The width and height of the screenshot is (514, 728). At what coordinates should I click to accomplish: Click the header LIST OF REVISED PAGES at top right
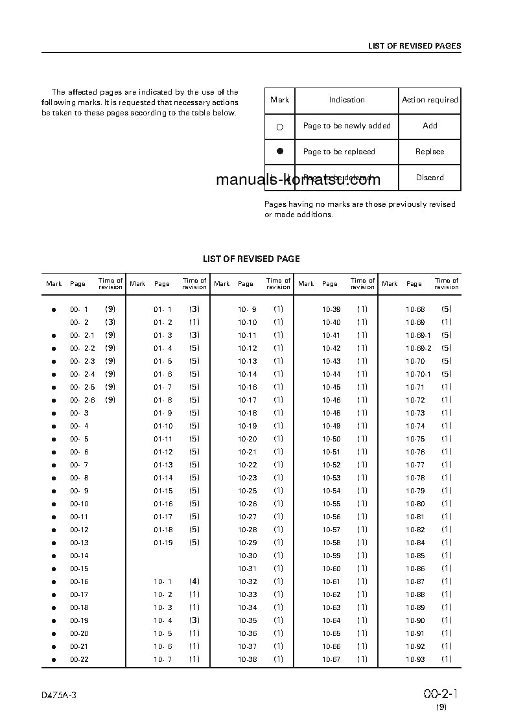click(x=414, y=46)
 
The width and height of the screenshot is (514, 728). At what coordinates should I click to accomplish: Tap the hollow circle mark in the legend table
click(x=280, y=127)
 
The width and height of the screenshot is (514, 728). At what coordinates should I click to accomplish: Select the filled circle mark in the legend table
click(x=280, y=151)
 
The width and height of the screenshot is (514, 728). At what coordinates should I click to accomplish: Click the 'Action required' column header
click(x=430, y=100)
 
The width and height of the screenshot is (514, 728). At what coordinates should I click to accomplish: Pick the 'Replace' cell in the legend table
click(x=430, y=152)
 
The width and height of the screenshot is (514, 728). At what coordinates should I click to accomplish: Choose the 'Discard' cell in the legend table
click(x=430, y=178)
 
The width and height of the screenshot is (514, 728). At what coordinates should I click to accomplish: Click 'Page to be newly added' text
click(x=347, y=126)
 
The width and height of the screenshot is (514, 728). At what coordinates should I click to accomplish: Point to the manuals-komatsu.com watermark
click(x=298, y=180)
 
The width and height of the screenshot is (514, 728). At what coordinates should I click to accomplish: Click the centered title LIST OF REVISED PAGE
click(x=251, y=259)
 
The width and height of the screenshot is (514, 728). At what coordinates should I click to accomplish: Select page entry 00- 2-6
click(x=82, y=400)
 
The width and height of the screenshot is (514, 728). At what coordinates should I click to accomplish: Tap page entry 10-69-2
click(x=418, y=348)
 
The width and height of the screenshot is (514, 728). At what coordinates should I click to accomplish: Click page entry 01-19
click(x=163, y=543)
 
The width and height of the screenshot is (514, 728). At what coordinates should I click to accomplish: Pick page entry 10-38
click(x=247, y=659)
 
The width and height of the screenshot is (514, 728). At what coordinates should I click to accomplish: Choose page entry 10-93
click(x=415, y=659)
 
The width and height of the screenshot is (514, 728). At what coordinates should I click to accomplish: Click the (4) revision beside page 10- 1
click(x=194, y=581)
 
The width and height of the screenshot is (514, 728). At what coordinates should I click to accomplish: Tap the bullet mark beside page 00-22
click(x=54, y=660)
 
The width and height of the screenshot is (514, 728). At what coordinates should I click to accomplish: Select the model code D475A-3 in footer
click(x=59, y=695)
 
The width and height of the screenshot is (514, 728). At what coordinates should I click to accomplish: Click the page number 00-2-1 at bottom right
click(x=441, y=694)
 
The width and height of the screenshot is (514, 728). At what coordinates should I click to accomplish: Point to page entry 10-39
click(x=331, y=309)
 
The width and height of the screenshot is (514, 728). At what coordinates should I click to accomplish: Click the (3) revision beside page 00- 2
click(x=110, y=322)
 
